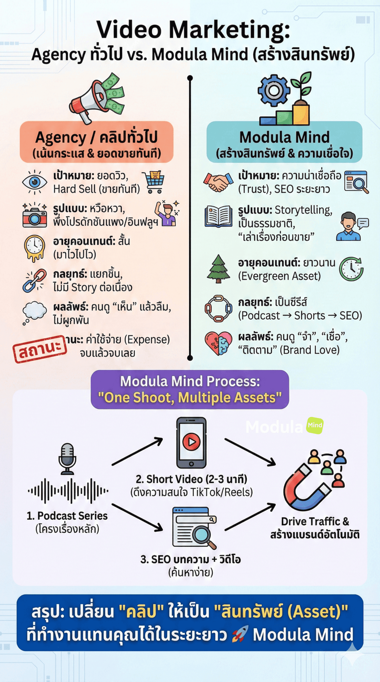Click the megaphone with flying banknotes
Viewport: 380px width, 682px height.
point(96,98)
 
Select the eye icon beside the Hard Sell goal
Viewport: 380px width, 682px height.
point(34,182)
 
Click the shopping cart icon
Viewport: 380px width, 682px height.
point(153,182)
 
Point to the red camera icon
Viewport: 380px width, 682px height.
point(34,215)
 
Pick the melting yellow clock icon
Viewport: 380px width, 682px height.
point(34,248)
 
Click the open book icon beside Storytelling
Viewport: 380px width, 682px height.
point(218,216)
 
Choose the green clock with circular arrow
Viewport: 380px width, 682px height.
point(351,269)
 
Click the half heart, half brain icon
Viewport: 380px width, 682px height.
point(218,343)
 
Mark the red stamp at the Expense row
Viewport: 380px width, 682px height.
point(40,348)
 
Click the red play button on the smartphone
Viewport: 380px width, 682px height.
point(191,441)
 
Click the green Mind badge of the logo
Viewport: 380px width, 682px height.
point(315,425)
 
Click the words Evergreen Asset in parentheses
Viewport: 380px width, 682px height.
point(279,276)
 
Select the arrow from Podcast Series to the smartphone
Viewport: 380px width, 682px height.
point(137,451)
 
